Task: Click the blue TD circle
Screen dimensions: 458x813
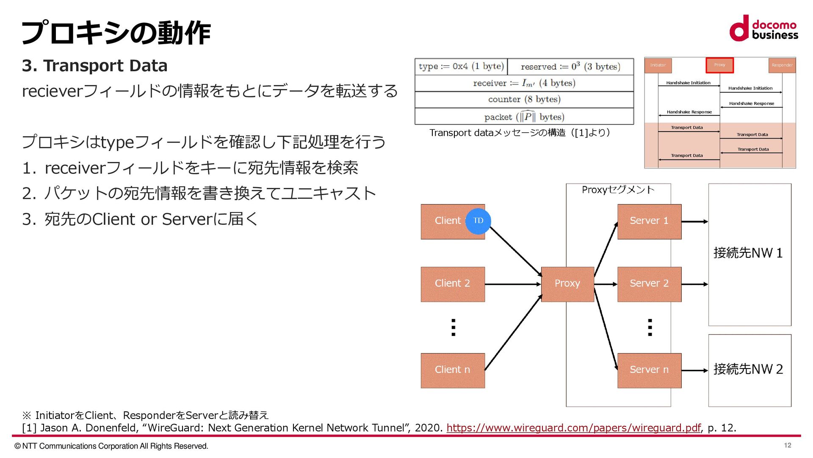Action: coord(478,221)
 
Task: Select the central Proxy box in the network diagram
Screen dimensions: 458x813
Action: coord(567,284)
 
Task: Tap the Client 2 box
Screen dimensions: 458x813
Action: coord(452,284)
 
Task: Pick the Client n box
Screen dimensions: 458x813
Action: coord(452,370)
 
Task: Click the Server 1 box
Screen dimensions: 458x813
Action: coord(649,221)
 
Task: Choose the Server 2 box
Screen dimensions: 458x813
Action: coord(649,284)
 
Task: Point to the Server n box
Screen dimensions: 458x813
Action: coord(649,370)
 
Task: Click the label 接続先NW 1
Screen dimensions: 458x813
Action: coord(748,253)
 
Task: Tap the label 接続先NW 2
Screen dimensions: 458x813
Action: coord(748,369)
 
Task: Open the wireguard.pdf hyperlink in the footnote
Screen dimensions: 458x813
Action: coord(573,428)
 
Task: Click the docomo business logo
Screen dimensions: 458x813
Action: coord(763,29)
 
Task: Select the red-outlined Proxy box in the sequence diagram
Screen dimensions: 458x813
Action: coord(719,65)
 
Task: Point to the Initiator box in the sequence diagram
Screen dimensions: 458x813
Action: coord(658,65)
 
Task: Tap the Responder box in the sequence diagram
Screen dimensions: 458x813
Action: coord(782,65)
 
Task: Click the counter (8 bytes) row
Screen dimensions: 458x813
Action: coord(524,100)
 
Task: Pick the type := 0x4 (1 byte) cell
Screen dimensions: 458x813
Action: coord(461,67)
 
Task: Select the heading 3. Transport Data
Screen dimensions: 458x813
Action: coord(95,66)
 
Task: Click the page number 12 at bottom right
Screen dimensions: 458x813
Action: coord(787,445)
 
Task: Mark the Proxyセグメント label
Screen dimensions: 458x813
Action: coord(618,190)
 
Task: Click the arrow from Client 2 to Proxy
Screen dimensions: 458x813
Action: coord(513,284)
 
